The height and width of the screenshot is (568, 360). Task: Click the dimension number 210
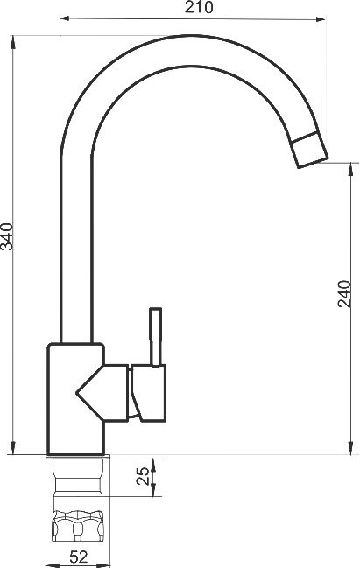pyautogui.click(x=199, y=7)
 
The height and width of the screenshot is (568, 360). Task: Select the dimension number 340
pyautogui.click(x=7, y=236)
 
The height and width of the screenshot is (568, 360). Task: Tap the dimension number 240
pyautogui.click(x=344, y=293)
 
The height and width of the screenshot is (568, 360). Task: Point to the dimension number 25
pyautogui.click(x=143, y=476)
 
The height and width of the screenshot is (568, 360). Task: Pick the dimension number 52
pyautogui.click(x=79, y=557)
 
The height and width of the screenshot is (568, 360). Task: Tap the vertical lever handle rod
pyautogui.click(x=156, y=337)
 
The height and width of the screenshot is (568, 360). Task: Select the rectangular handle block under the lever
pyautogui.click(x=149, y=393)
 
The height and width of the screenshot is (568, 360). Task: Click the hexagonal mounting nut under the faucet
pyautogui.click(x=78, y=526)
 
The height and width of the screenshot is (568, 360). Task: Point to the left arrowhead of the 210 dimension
pyautogui.click(x=65, y=18)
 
